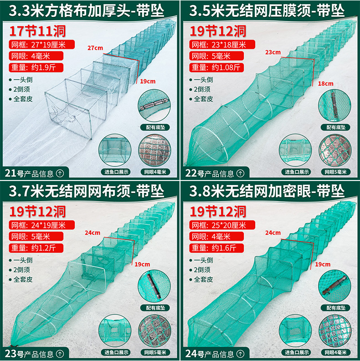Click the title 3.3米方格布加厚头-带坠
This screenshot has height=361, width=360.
(90, 10)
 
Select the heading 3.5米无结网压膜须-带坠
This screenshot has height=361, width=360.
(271, 10)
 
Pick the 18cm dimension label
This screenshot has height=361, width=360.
(325, 83)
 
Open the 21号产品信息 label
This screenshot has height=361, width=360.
(30, 173)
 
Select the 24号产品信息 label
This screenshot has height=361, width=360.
(210, 353)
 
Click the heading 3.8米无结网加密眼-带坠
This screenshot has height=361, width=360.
(271, 191)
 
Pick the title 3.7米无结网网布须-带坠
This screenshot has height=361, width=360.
(90, 191)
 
